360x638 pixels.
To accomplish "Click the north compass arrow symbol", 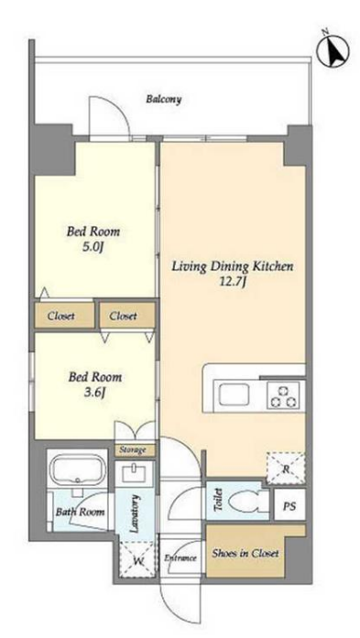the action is click(333, 51).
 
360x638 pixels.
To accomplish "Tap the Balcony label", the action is click(164, 99).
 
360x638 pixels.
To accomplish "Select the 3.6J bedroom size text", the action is click(93, 393).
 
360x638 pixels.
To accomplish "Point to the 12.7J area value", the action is click(232, 282).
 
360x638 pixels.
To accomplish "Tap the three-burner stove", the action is click(283, 395).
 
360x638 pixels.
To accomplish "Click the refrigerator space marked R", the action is click(286, 468).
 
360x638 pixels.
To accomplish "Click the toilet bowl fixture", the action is click(245, 501).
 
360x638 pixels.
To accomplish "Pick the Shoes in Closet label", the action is click(245, 554).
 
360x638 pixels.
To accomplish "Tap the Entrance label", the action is click(180, 557).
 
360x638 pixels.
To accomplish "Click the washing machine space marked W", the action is click(137, 559).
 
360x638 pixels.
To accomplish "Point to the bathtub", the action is click(77, 470).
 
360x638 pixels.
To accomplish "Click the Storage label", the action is click(133, 450).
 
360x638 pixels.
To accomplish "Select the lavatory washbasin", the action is click(135, 473).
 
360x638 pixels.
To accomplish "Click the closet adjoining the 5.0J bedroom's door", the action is click(64, 315).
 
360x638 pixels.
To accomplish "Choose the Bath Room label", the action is click(81, 512).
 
